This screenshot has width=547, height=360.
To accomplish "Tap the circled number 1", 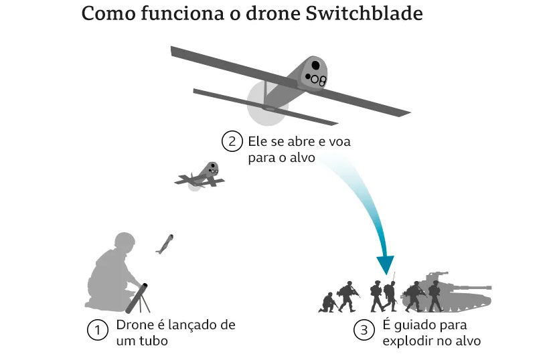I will [x=98, y=331].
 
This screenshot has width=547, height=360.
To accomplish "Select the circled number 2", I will [x=231, y=142].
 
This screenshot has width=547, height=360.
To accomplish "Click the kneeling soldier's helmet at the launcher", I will [x=125, y=242].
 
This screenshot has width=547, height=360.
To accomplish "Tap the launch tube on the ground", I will [x=138, y=298].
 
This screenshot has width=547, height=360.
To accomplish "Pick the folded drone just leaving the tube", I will [x=164, y=244].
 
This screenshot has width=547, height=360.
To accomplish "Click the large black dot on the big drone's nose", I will [x=315, y=65].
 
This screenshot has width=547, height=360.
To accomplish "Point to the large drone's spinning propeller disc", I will [x=267, y=104].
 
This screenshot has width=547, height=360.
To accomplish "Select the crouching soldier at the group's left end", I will [x=327, y=302].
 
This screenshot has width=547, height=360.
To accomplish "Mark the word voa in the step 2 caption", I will [x=338, y=142].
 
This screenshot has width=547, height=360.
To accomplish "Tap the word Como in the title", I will [x=105, y=15].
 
